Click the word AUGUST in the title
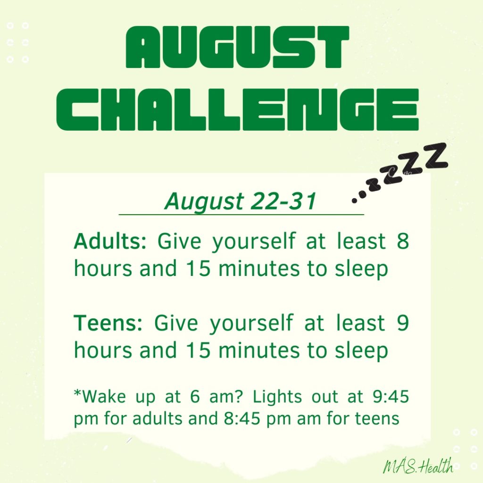pos(237,47)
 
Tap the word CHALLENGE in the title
pos(238,109)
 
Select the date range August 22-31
pos(241,201)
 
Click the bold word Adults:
pos(110,241)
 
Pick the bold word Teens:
pos(108,323)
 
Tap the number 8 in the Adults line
pos(403,241)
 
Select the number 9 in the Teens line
pos(403,323)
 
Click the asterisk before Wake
pos(78,393)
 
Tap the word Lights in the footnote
pos(277,396)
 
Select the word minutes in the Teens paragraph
pos(259,350)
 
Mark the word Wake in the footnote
pos(104,396)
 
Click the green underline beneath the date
pos(241,215)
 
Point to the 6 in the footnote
pos(195,397)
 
